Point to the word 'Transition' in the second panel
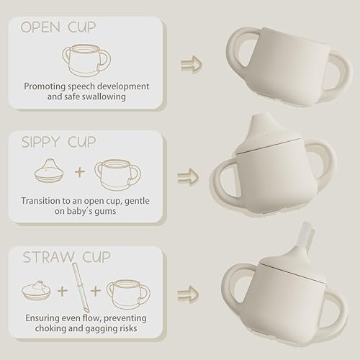(x=43, y=201)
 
